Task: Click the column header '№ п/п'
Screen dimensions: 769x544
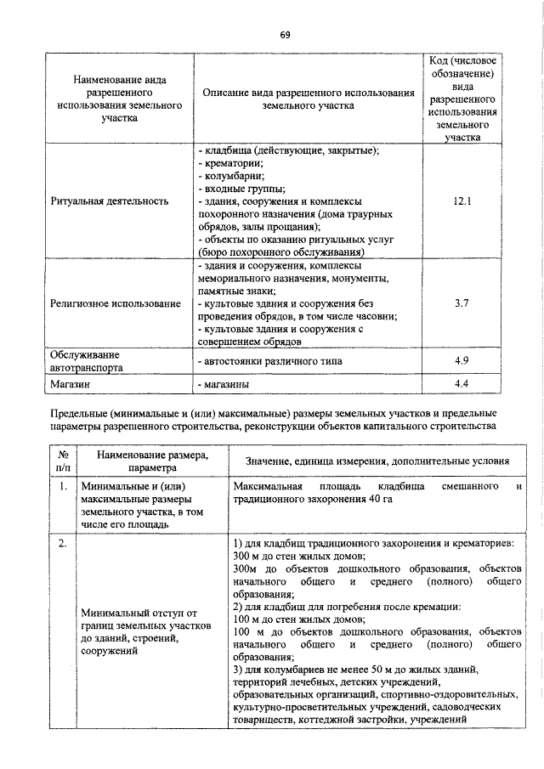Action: (64, 461)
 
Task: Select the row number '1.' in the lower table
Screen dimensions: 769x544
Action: (63, 488)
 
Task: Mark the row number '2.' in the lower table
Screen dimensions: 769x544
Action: (63, 544)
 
